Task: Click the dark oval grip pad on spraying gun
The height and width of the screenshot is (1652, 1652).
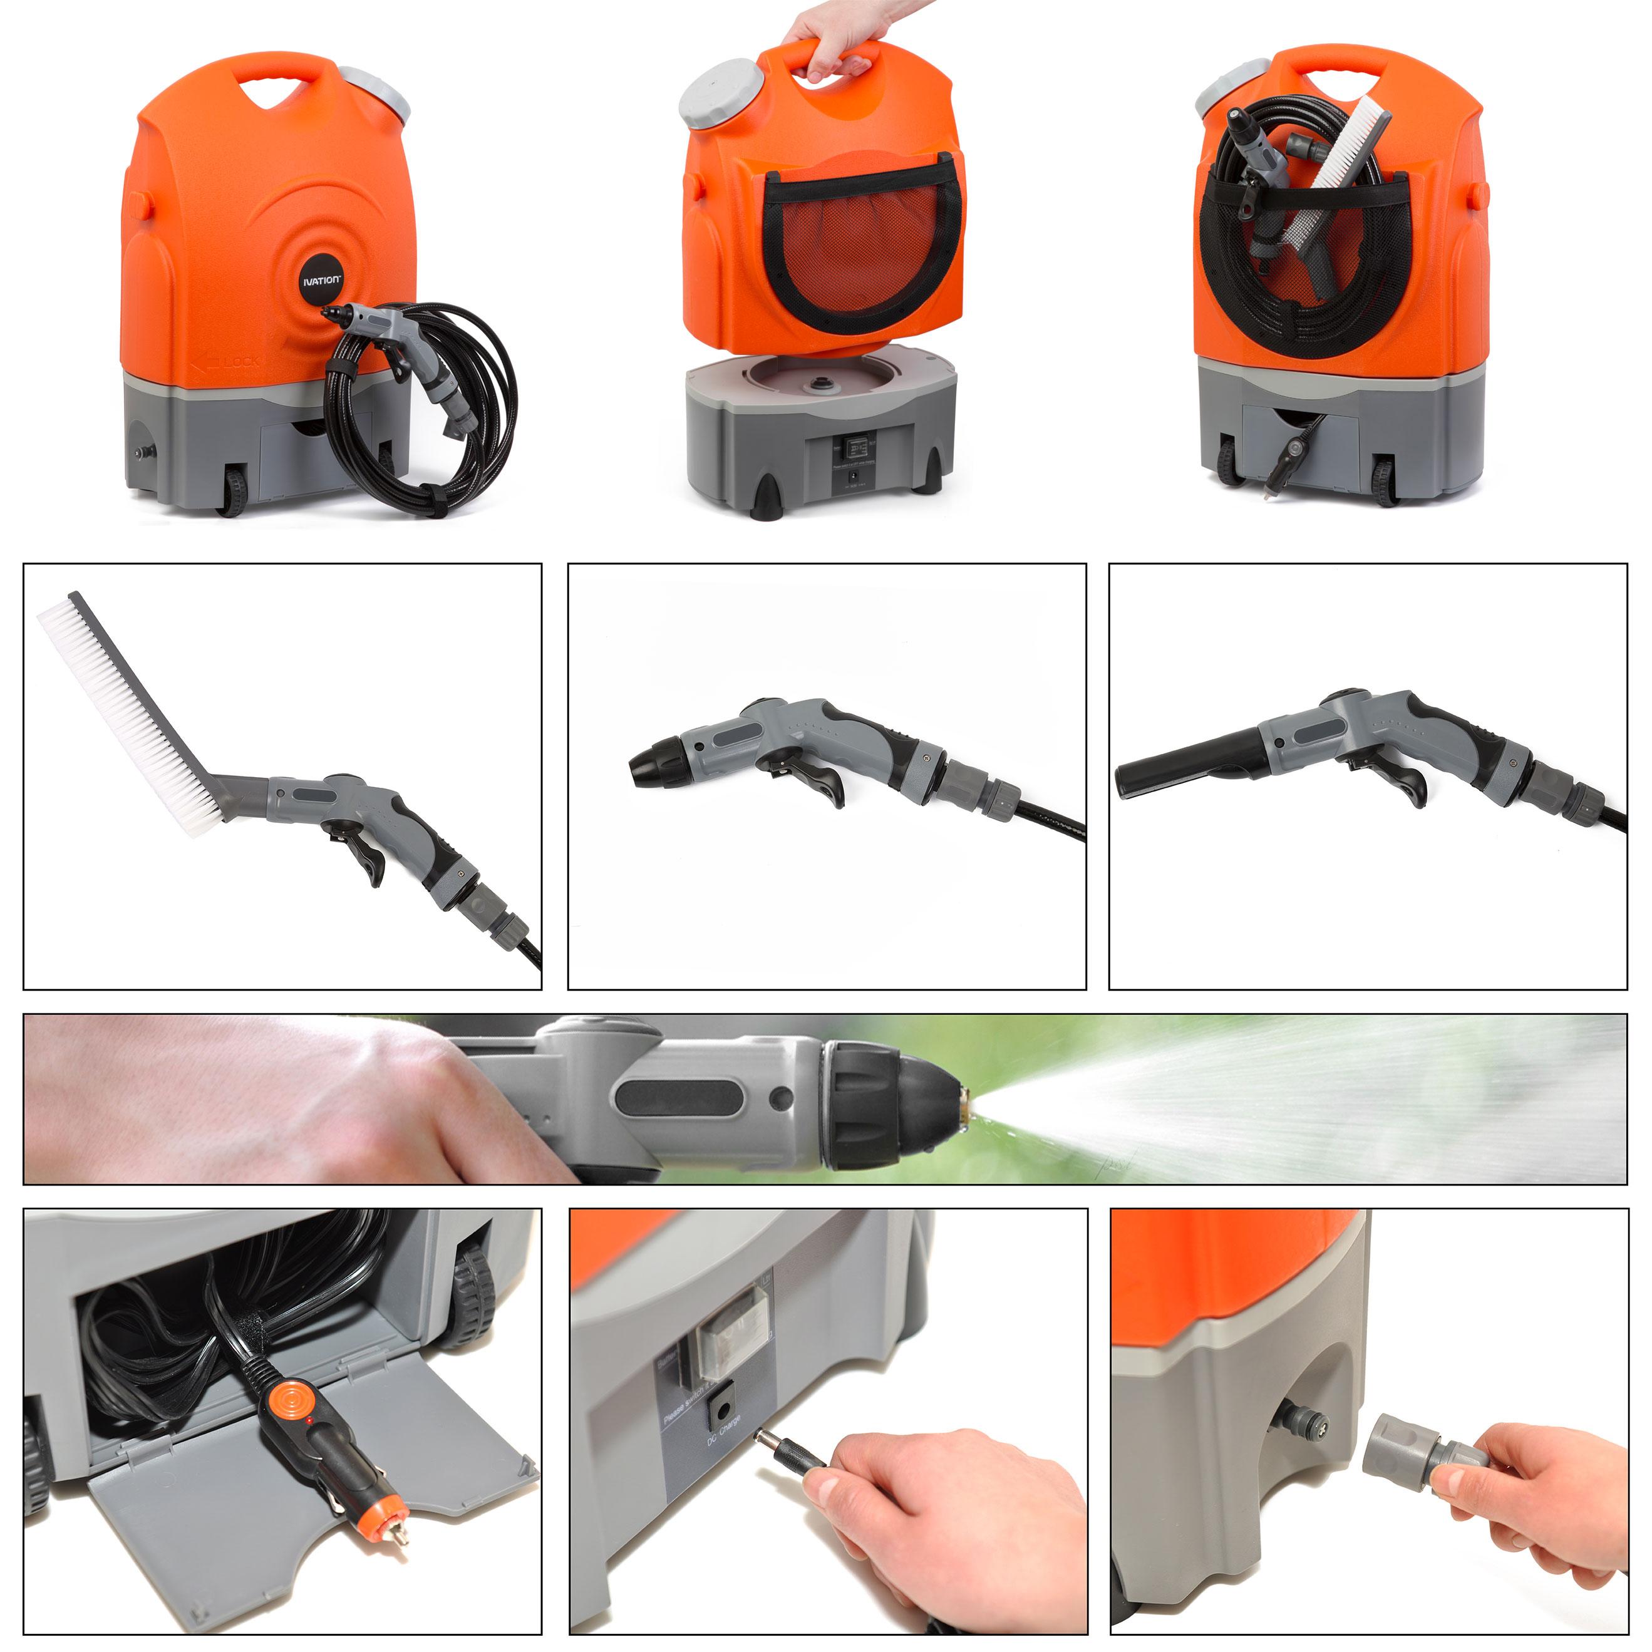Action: pyautogui.click(x=676, y=1098)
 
